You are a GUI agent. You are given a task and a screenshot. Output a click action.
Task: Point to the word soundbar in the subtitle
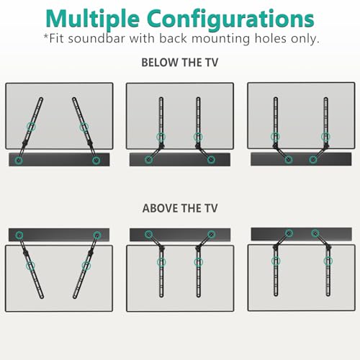coord(96,38)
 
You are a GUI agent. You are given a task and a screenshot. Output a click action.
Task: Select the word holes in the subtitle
coord(271,38)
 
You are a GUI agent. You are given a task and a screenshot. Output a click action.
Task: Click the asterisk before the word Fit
coord(46,37)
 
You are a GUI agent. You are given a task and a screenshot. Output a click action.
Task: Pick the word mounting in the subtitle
coord(221,40)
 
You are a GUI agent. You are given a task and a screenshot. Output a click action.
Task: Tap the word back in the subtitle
coord(173,38)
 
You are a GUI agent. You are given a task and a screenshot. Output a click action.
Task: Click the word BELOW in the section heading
coord(159,63)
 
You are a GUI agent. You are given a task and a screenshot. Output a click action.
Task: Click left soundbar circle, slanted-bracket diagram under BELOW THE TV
coord(19,160)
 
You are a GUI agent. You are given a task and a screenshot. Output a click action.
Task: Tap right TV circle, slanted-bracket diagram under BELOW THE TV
coord(84,127)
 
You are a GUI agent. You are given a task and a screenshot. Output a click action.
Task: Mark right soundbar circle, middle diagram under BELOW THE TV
coord(211,159)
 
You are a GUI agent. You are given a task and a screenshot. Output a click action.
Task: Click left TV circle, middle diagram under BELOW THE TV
coord(161,138)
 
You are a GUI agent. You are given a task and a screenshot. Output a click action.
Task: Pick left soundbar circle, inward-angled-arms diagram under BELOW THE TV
coord(288,159)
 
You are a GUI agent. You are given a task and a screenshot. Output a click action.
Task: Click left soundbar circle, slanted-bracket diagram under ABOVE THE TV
coord(19,235)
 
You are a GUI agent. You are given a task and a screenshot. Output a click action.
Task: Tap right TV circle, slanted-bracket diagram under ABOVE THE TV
coord(86,266)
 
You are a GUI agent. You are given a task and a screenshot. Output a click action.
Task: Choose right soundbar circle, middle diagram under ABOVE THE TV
coord(211,234)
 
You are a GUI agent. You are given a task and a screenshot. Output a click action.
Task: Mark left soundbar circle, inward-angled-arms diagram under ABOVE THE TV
coord(289,233)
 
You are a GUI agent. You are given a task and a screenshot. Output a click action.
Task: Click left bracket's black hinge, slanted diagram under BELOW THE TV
coord(24,143)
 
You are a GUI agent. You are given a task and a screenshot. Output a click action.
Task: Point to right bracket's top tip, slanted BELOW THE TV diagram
coord(74,99)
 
